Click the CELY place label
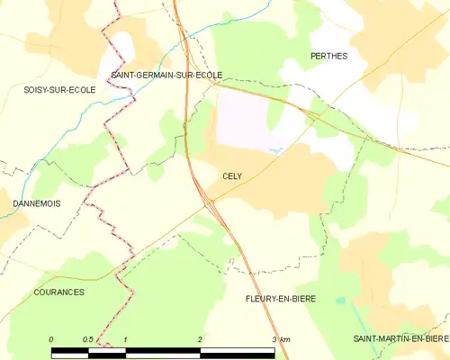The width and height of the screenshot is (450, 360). (231, 177)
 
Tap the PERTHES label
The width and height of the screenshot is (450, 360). (328, 56)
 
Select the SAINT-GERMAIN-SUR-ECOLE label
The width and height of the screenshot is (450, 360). (166, 76)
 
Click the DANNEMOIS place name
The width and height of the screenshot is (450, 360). (37, 204)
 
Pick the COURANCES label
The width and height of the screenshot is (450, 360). (58, 292)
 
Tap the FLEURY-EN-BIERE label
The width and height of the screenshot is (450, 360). (282, 297)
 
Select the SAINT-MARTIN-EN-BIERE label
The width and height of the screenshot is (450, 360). (400, 337)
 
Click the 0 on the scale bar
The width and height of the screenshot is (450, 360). (52, 338)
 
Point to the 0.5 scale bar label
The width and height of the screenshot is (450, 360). (88, 338)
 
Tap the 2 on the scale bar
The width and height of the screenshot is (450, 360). (200, 338)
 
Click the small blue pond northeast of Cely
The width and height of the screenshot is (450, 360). (276, 150)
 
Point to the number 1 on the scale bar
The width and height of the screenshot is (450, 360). (126, 338)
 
